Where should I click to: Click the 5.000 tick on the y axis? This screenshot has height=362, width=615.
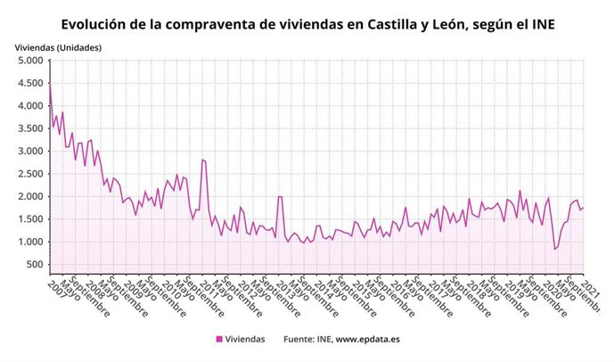[28, 61]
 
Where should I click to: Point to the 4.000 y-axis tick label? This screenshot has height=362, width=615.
[28, 106]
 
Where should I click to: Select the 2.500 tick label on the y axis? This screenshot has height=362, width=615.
[28, 174]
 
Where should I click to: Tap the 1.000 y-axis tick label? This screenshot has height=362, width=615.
[28, 242]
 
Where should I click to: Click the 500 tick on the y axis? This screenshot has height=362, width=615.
[33, 265]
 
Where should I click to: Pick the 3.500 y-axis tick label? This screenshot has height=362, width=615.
[28, 128]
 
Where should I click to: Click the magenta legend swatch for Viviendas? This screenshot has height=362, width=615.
[219, 339]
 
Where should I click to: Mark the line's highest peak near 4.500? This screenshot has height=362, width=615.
[50, 84]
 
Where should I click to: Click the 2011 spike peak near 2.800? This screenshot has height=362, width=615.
[202, 160]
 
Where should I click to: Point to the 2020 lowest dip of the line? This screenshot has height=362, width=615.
[553, 249]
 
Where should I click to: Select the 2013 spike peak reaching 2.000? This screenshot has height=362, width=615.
[279, 196]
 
